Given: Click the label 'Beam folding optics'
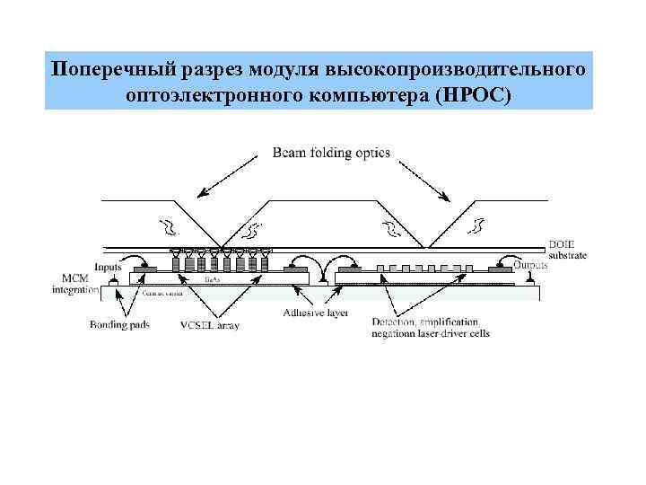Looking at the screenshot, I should tap(331, 153).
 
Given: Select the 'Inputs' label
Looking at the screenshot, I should tap(107, 266).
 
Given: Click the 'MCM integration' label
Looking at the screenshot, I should tap(75, 283).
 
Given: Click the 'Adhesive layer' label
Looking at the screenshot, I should tap(315, 313).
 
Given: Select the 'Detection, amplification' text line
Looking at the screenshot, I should tap(423, 322).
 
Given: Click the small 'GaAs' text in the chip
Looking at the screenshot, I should tap(214, 280).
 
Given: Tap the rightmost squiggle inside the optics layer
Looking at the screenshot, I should tap(476, 221).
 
